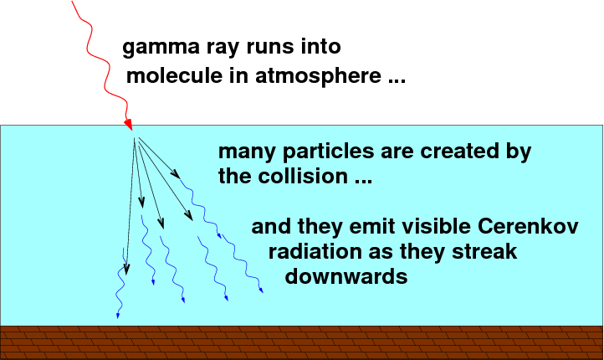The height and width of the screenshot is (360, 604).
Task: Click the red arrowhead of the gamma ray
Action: click(x=128, y=124)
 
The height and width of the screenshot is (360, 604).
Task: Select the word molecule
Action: click(x=174, y=75)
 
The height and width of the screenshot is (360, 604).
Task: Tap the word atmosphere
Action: click(x=318, y=76)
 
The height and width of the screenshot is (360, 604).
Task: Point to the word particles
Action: click(x=328, y=152)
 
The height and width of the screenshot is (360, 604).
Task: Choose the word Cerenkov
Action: click(x=528, y=226)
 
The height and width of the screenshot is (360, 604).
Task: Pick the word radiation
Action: click(x=315, y=252)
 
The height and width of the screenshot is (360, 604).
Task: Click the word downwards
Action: click(x=346, y=276)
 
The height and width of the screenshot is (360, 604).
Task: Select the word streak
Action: click(x=484, y=252)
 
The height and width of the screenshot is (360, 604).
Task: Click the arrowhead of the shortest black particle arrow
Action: click(x=176, y=174)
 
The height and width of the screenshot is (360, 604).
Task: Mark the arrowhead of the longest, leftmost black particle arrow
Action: click(x=126, y=270)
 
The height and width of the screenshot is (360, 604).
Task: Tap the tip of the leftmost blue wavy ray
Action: click(x=117, y=318)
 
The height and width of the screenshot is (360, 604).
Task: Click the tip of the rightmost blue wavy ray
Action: click(x=263, y=292)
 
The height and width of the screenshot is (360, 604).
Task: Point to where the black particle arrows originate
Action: click(x=135, y=137)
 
